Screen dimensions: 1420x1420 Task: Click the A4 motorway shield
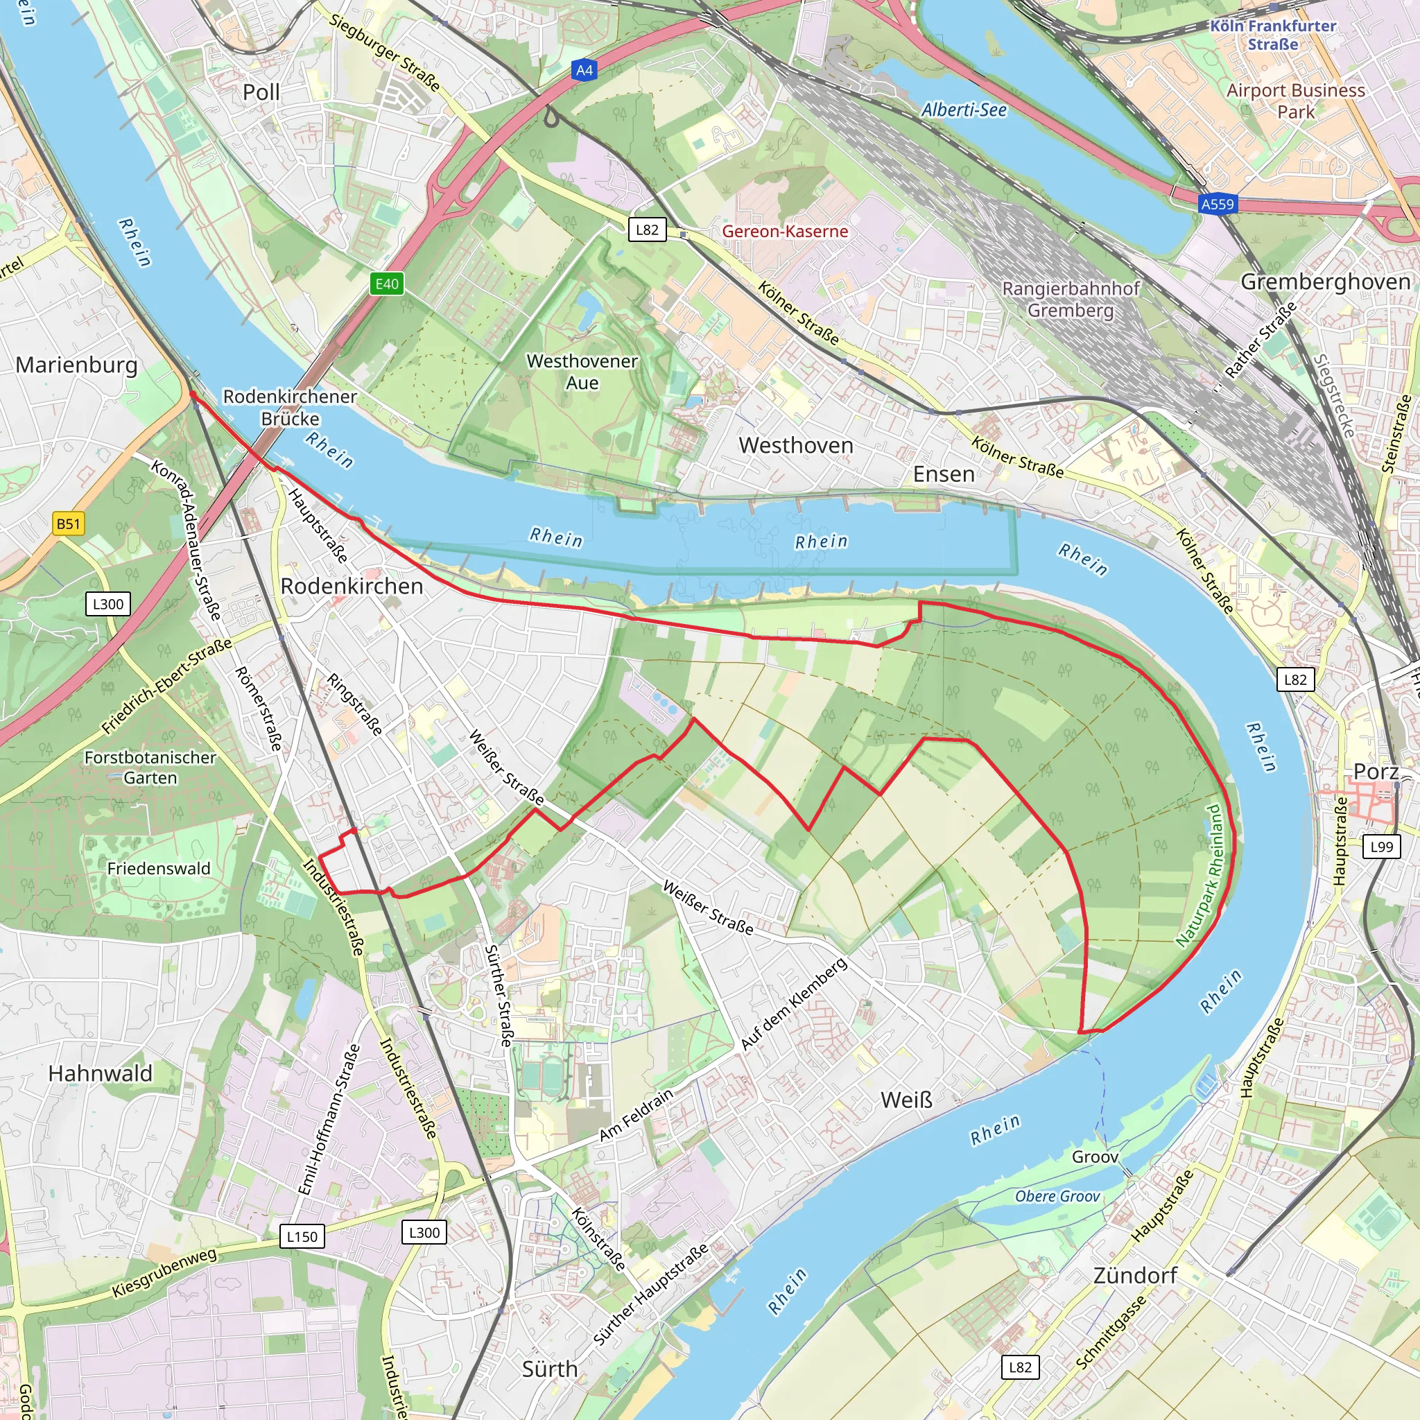tap(584, 71)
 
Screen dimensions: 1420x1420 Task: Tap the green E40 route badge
tap(387, 284)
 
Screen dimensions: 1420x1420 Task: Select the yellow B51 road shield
tap(69, 524)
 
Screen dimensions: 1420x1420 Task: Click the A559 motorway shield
tap(1217, 204)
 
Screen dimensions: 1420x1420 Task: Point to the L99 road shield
tap(1382, 846)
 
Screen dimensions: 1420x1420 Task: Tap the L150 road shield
tap(302, 1236)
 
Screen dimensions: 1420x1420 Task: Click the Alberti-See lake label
tap(964, 110)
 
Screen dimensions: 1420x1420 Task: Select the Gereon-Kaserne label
tap(784, 232)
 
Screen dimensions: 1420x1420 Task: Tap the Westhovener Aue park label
tap(582, 372)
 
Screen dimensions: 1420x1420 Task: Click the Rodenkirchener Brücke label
tap(290, 407)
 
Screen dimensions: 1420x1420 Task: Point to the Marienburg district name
tap(76, 365)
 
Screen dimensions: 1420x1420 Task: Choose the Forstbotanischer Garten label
tap(150, 768)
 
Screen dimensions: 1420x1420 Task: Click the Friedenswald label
tap(159, 869)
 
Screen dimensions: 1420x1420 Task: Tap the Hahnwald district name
tap(100, 1074)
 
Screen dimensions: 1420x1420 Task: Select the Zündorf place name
tap(1135, 1275)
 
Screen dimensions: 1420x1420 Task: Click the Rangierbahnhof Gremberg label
tap(1070, 299)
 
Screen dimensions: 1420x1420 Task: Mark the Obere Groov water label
tap(1057, 1197)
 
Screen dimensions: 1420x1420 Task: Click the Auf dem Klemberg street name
tap(794, 1004)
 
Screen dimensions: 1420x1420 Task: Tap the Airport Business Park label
tap(1295, 101)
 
